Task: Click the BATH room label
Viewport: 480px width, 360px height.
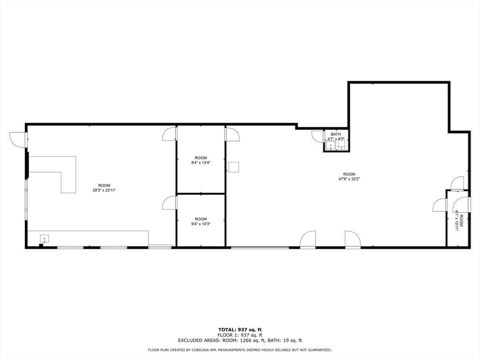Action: tap(336, 135)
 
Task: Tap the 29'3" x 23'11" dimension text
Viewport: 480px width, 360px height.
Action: tap(104, 190)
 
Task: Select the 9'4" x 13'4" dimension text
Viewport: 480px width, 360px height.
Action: tap(201, 163)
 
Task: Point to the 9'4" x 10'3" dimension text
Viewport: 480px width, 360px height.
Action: tap(201, 224)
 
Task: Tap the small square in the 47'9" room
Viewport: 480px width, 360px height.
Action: tap(234, 167)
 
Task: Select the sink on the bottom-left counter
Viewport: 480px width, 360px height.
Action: tap(44, 239)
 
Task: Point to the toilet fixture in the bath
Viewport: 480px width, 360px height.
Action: tap(342, 146)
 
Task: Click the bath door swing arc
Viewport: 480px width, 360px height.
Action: tap(317, 136)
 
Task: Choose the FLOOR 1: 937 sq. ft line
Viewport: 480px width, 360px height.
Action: tap(240, 335)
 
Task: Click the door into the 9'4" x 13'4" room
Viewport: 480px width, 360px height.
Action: tap(169, 134)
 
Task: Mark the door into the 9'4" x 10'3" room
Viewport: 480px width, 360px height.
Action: tap(169, 202)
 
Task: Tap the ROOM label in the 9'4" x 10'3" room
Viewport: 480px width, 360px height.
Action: tap(201, 219)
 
